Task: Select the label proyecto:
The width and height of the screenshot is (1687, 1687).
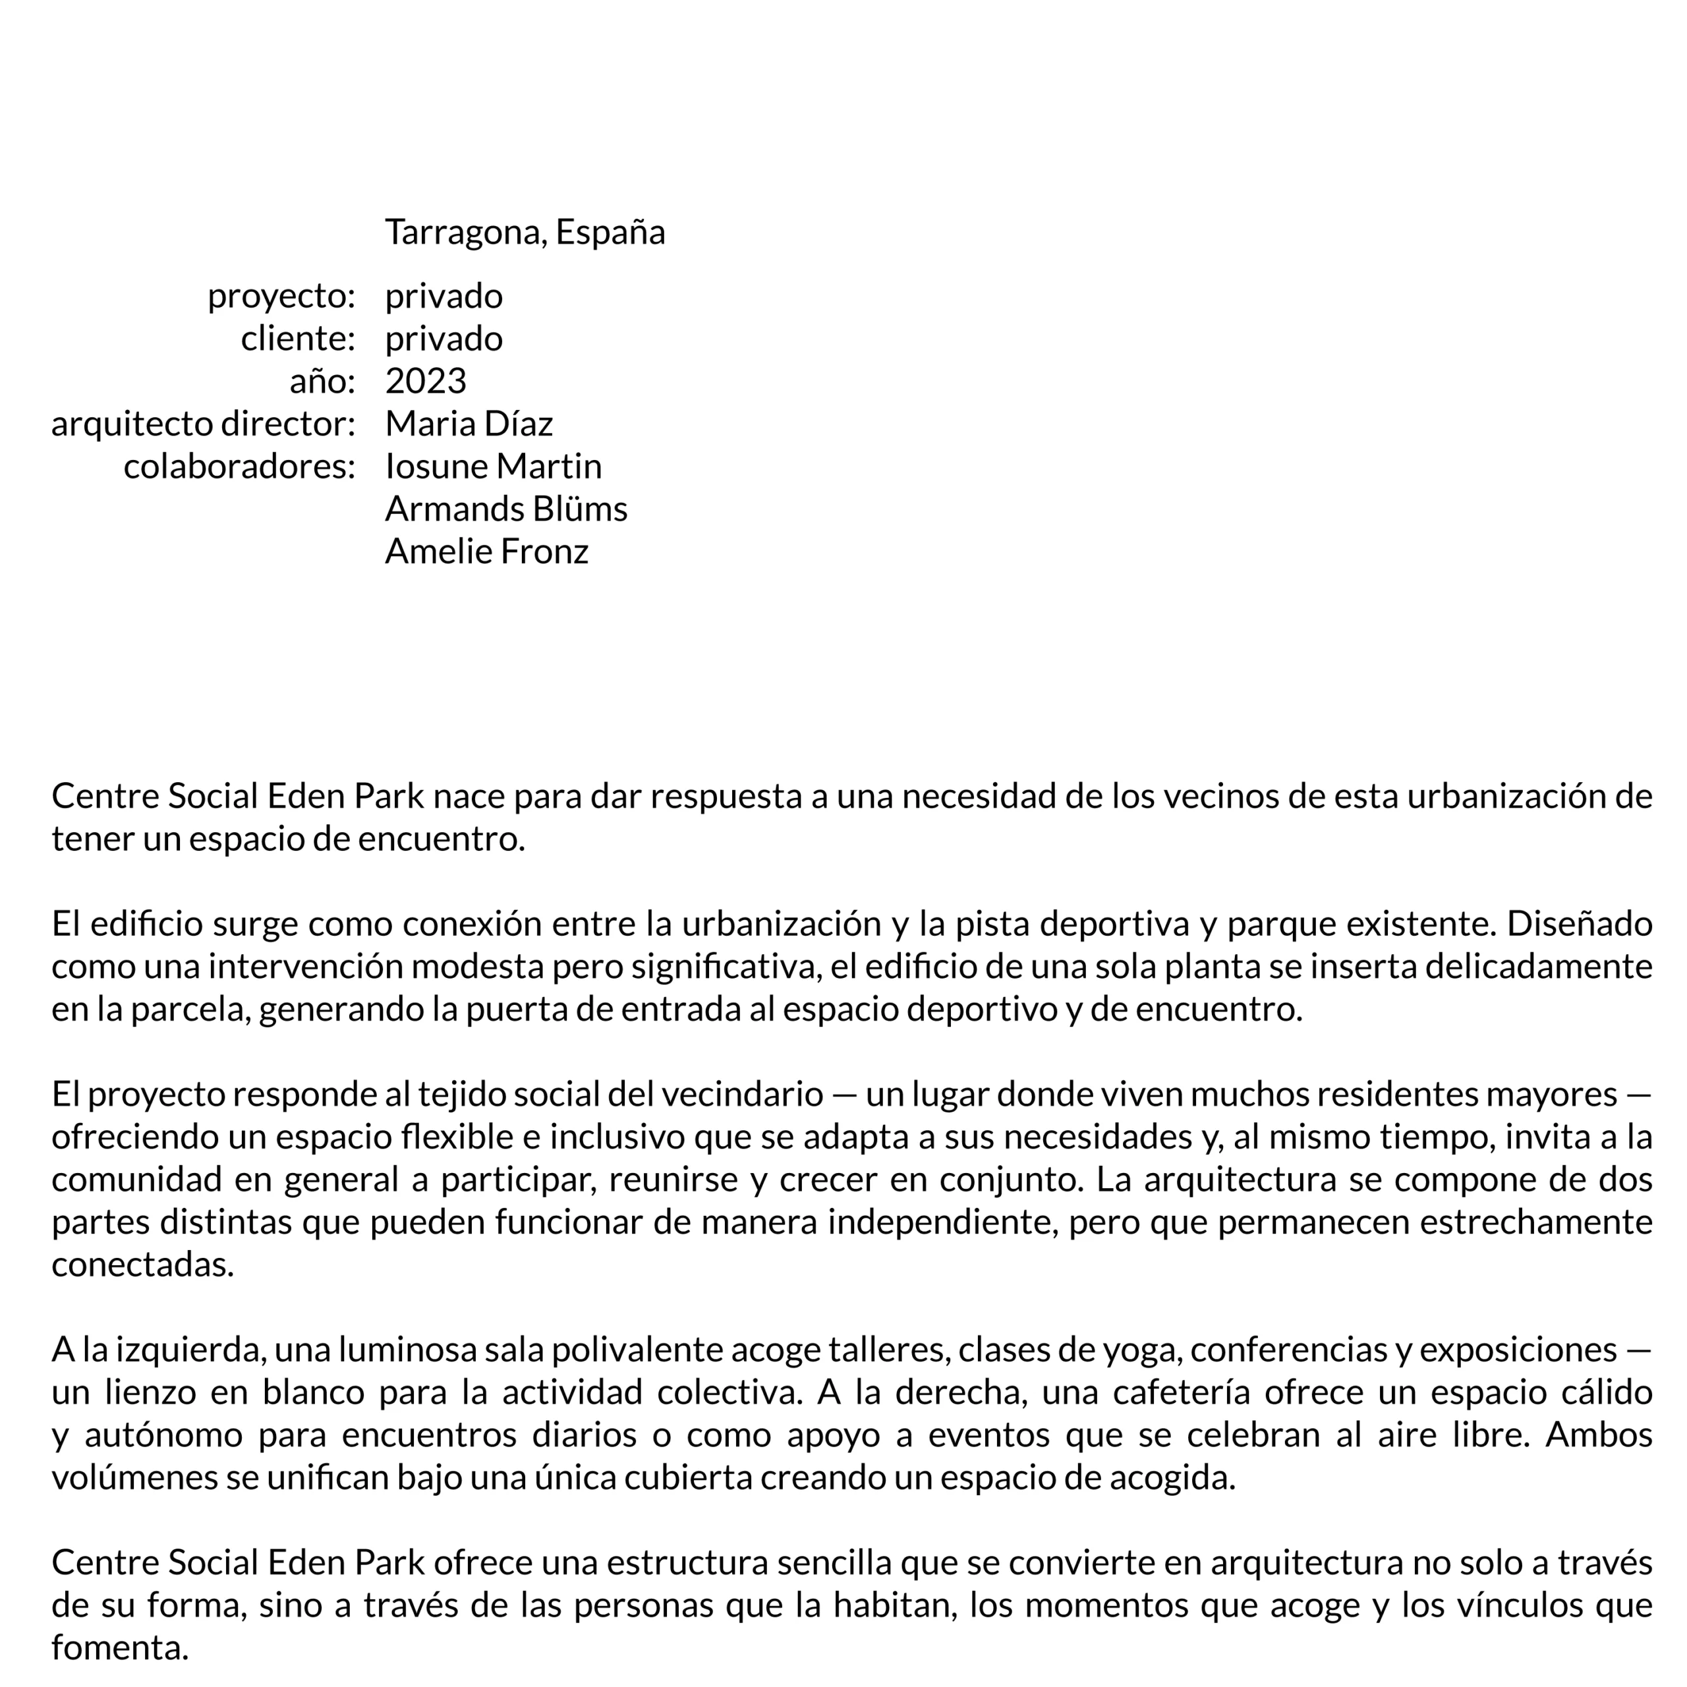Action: pyautogui.click(x=281, y=297)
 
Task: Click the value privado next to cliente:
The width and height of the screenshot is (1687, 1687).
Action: pyautogui.click(x=443, y=339)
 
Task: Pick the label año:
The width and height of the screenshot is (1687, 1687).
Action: pyautogui.click(x=322, y=382)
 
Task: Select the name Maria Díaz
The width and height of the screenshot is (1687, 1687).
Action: pyautogui.click(x=469, y=424)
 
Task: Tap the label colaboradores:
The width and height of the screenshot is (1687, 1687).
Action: pyautogui.click(x=239, y=467)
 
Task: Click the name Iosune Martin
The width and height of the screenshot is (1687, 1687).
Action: pyautogui.click(x=494, y=467)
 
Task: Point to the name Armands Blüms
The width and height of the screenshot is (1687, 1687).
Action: pyautogui.click(x=505, y=509)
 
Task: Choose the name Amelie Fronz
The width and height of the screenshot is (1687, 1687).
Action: pyautogui.click(x=486, y=552)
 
